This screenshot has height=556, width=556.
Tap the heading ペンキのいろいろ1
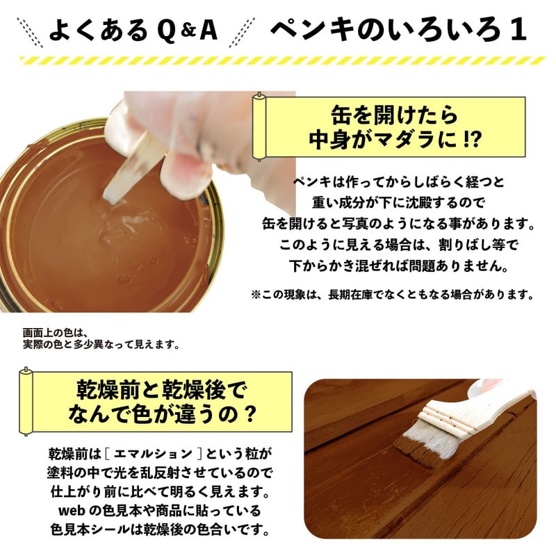[x=398, y=31]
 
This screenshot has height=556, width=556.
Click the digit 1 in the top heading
[x=516, y=31]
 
